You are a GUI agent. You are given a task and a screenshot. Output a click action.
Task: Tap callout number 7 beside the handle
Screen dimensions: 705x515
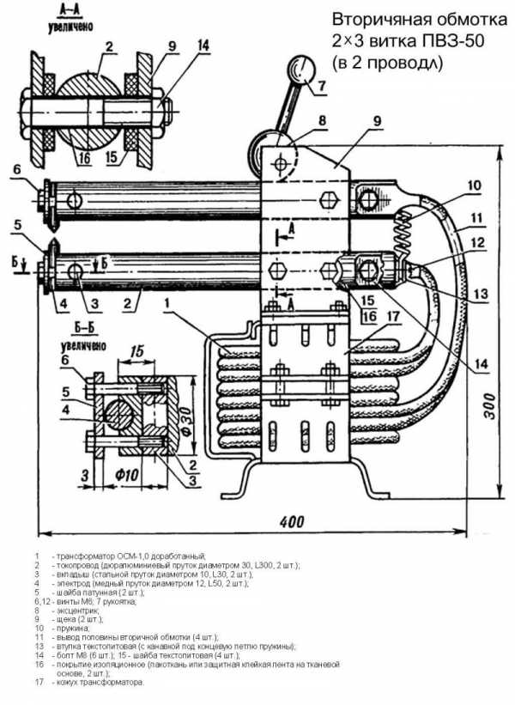[x=321, y=87]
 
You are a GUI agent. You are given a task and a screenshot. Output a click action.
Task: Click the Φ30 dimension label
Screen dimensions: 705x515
[x=189, y=420]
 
